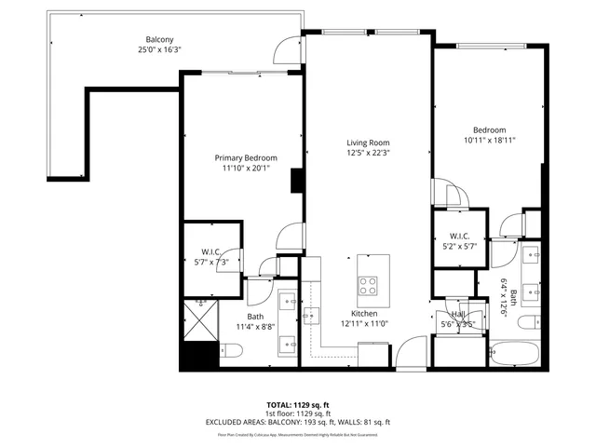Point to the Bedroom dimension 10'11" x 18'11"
click(x=489, y=141)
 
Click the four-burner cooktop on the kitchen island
click(x=367, y=285)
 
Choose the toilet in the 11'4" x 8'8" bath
click(x=232, y=351)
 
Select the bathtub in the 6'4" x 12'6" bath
click(x=515, y=354)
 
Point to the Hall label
click(x=457, y=315)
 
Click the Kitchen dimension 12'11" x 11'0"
click(x=364, y=323)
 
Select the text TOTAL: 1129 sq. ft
click(x=297, y=405)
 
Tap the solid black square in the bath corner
click(x=199, y=355)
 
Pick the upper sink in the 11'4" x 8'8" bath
click(x=288, y=302)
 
